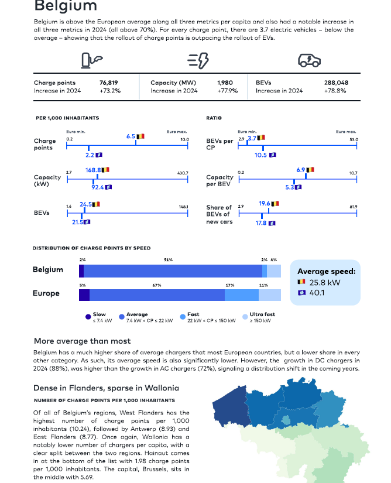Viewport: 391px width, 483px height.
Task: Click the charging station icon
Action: coord(91,60)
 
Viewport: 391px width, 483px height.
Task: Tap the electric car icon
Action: coord(309,60)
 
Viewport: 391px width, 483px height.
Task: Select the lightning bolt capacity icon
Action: coord(198,60)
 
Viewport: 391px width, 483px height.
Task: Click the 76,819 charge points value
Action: coord(109,83)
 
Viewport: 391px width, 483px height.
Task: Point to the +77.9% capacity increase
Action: coord(228,91)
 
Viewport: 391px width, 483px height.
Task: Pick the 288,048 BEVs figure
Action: coord(336,83)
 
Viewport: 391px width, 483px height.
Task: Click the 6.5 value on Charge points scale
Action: coord(131,136)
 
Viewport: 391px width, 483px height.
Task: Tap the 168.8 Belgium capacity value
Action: coord(93,170)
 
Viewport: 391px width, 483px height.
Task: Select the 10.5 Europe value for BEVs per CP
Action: coord(260,155)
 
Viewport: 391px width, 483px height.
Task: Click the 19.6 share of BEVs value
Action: coord(265,203)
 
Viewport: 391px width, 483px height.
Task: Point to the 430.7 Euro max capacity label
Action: coord(183,173)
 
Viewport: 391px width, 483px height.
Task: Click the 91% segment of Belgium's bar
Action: coord(173,271)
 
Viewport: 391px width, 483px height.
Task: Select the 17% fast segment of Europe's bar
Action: coord(242,295)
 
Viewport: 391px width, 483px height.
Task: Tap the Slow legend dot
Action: coord(88,317)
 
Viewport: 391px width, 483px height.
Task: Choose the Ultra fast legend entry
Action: coord(259,317)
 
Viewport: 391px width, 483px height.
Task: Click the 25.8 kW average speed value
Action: coord(325,282)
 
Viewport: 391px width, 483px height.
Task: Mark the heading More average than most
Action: coord(82,341)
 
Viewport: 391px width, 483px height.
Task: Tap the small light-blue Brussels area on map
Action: coord(286,420)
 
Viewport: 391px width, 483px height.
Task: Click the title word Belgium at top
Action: coord(66,5)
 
